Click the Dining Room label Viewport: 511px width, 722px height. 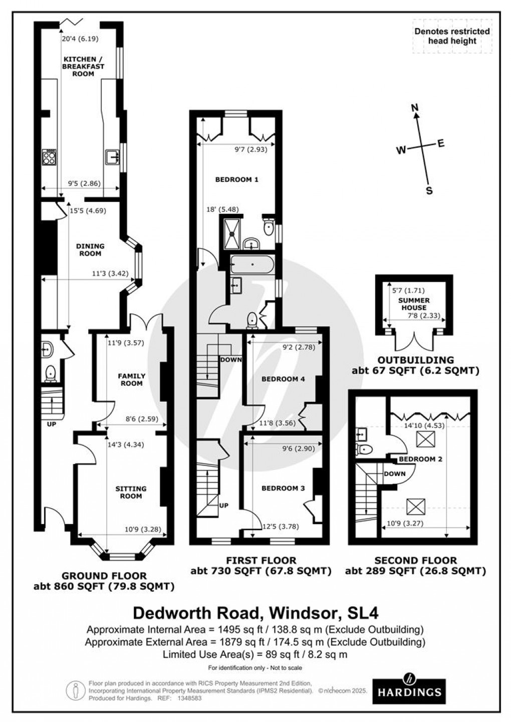click(x=90, y=250)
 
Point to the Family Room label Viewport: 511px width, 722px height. click(x=132, y=379)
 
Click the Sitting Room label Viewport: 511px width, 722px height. click(x=131, y=492)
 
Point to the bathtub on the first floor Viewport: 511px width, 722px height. click(x=252, y=264)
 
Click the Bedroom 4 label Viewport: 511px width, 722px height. click(x=283, y=379)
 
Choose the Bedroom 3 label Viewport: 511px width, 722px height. click(x=283, y=488)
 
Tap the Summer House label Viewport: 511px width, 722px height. click(x=414, y=304)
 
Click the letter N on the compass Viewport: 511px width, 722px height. click(x=414, y=107)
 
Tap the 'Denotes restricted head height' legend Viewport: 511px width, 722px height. click(x=452, y=36)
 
